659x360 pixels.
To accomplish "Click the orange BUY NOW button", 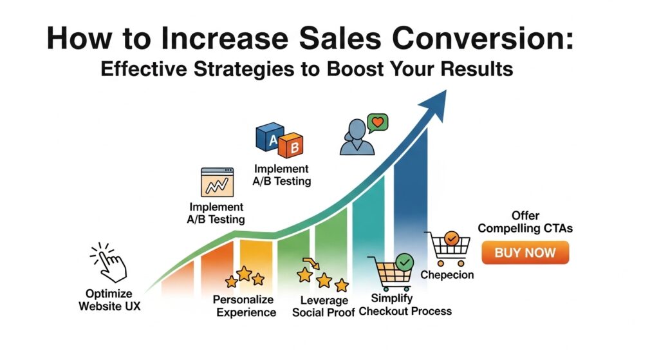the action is pos(525,252).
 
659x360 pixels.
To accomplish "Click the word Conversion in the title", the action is pos(482,38).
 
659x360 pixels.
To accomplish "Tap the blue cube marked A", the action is pos(270,137).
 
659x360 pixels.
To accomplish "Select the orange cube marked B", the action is pos(291,146).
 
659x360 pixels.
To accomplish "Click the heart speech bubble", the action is pos(377,123).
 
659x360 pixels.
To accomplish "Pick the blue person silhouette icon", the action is pos(357,137).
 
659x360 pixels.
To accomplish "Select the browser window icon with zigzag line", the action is pos(217,182).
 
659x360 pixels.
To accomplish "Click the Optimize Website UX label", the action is pos(109,300).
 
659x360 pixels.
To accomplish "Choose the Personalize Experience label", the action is pos(246,306).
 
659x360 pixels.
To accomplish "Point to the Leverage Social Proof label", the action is pos(324,307).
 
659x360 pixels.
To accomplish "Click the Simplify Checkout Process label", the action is pos(405,305).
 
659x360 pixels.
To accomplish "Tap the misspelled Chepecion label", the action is pos(447,274).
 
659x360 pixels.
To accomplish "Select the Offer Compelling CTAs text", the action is pos(525,222).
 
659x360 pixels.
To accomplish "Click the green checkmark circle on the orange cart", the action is pos(404,262).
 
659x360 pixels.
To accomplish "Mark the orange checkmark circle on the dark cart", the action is pos(451,239).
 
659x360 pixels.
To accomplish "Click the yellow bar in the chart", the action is pos(256,261).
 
